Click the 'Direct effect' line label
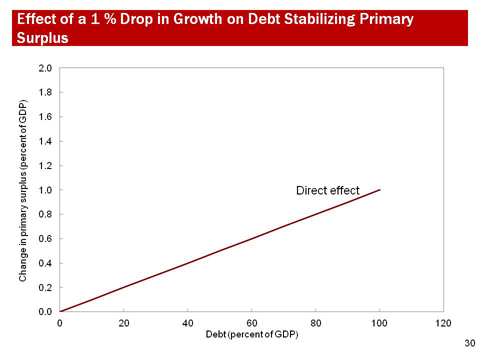click(326, 191)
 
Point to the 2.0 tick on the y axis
click(46, 68)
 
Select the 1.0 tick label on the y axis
click(46, 190)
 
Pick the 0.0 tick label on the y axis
click(46, 312)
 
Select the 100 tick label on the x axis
click(380, 323)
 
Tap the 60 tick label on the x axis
click(252, 323)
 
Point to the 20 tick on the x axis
click(124, 323)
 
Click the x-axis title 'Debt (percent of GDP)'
click(251, 336)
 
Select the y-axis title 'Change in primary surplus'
click(23, 189)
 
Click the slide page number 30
click(469, 343)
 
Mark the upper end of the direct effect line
click(380, 190)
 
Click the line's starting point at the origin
click(60, 312)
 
